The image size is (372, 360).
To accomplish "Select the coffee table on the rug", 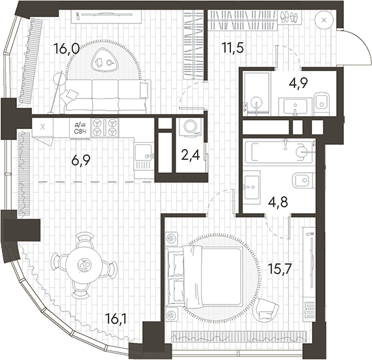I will pyautogui.click(x=104, y=61).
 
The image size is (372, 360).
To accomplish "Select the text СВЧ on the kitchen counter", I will pyautogui.click(x=81, y=132).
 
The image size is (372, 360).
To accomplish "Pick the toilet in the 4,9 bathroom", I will pyautogui.click(x=321, y=102).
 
